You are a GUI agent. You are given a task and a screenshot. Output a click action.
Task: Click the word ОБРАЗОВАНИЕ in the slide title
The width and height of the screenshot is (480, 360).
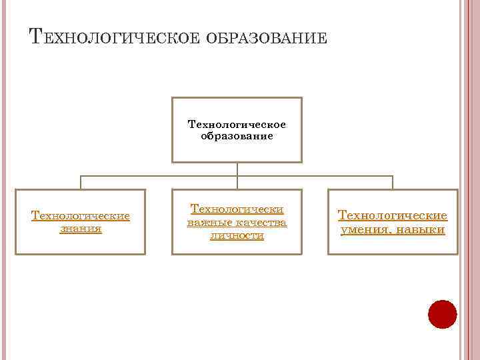(x=267, y=37)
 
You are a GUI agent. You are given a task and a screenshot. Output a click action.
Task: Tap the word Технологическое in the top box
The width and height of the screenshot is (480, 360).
(x=237, y=124)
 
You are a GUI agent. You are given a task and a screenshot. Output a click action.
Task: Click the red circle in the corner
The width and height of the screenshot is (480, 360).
(x=442, y=314)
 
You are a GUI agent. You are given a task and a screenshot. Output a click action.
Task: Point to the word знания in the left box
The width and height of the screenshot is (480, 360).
(x=80, y=228)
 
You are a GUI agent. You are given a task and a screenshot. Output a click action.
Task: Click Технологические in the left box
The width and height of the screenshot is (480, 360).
(x=80, y=216)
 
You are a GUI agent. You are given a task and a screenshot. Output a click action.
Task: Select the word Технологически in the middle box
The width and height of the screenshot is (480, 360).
(x=237, y=209)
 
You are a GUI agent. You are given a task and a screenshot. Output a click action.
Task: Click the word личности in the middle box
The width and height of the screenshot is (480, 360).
(x=237, y=235)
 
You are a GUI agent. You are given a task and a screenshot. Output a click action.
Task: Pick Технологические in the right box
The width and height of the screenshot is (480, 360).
(x=393, y=216)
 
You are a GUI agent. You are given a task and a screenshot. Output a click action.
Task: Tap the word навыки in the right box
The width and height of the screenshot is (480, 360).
(x=420, y=230)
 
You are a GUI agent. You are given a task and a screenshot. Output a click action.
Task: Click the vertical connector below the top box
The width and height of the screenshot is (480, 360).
(x=237, y=169)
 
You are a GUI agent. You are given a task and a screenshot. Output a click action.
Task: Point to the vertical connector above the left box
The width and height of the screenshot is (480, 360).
(x=81, y=183)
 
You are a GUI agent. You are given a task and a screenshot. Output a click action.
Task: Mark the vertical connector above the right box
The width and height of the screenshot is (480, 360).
(x=393, y=183)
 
